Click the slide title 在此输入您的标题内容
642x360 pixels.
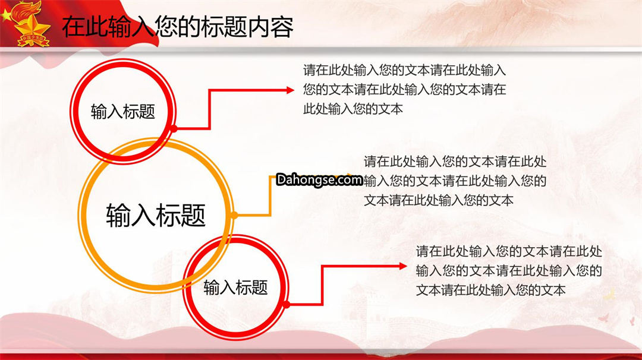click(178, 27)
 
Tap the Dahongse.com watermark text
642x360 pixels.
click(319, 179)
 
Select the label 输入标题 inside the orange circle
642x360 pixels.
click(156, 215)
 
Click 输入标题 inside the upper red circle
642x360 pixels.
click(123, 111)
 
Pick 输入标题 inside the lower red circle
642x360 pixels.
click(235, 287)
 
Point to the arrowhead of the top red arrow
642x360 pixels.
click(290, 90)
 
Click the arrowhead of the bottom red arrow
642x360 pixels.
click(403, 266)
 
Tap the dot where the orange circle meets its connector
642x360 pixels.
click(234, 215)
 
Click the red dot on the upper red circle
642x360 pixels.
click(174, 129)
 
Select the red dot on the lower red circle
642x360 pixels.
click(287, 305)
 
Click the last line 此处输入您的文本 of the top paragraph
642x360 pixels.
click(353, 109)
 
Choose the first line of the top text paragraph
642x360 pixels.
click(405, 70)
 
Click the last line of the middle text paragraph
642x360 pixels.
click(439, 200)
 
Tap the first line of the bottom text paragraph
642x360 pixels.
click(509, 251)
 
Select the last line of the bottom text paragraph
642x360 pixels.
click(490, 290)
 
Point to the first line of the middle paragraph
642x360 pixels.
click(455, 162)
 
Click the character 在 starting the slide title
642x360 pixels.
click(74, 27)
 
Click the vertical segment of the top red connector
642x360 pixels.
click(209, 110)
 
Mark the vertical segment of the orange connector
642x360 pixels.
click(270, 196)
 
